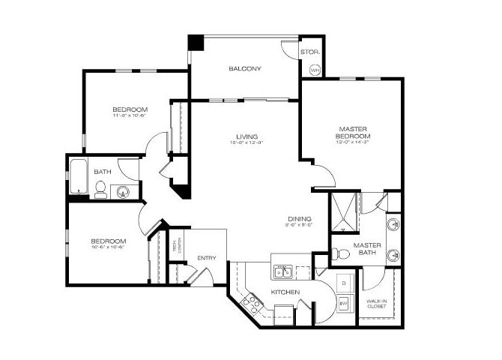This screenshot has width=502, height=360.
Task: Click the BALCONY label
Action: coord(245,69)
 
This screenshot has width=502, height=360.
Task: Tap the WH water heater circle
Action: coord(315,70)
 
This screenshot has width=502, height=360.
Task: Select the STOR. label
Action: coord(309,52)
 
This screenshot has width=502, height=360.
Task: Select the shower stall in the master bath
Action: coord(344,212)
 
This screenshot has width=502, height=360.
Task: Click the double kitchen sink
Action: coord(283,271)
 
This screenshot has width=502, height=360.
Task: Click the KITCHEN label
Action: coord(286,292)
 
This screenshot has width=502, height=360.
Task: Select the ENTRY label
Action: coord(207,258)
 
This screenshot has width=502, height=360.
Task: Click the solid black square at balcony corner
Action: coord(195,42)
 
